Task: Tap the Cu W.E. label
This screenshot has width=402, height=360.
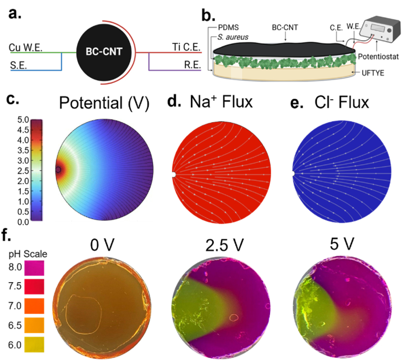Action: [24, 47]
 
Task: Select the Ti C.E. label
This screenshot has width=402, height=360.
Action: [186, 47]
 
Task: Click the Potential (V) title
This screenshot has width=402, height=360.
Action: [104, 103]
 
